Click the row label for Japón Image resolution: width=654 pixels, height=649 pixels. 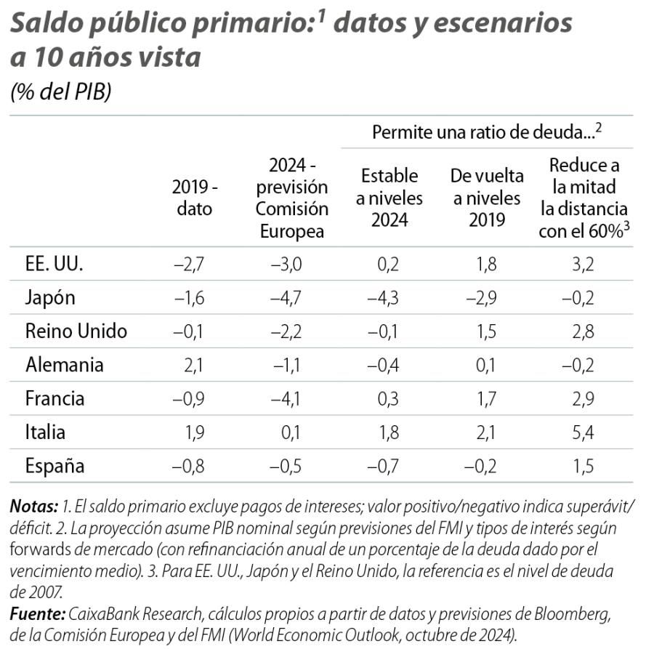(50, 298)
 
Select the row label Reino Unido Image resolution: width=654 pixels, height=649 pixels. (76, 331)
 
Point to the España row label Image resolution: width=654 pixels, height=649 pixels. (54, 466)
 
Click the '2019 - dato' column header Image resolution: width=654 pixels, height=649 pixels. (195, 198)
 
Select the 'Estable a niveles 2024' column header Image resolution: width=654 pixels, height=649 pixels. (389, 198)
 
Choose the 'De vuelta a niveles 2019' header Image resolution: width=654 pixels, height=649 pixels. (486, 198)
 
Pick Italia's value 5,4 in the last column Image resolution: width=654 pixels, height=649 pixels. (583, 432)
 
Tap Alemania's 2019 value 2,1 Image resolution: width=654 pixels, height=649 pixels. (193, 365)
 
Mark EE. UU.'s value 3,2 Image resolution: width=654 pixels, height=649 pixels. (583, 264)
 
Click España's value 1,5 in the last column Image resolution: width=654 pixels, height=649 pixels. (583, 466)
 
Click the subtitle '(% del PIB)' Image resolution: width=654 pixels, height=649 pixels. (60, 92)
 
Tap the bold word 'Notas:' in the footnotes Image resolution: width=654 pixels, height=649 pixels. (34, 506)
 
